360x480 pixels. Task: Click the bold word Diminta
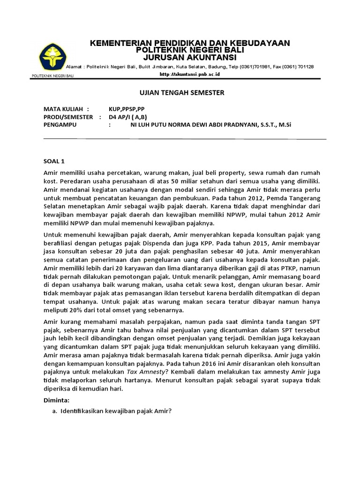coord(56,400)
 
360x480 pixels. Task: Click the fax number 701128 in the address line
coord(305,67)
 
